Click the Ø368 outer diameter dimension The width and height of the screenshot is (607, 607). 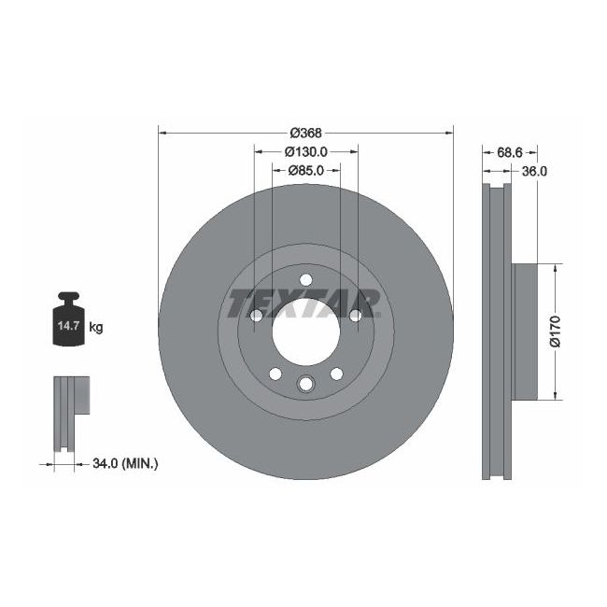tap(305, 133)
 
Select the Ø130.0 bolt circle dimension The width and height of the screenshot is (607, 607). tap(305, 151)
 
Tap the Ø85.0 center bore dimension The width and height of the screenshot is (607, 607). tap(305, 170)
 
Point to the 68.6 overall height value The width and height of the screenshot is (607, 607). tap(508, 151)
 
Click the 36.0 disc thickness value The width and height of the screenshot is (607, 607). tap(533, 171)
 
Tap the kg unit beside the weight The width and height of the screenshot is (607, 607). tap(95, 328)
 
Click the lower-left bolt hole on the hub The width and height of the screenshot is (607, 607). tap(275, 374)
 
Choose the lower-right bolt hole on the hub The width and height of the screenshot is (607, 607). tap(335, 374)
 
